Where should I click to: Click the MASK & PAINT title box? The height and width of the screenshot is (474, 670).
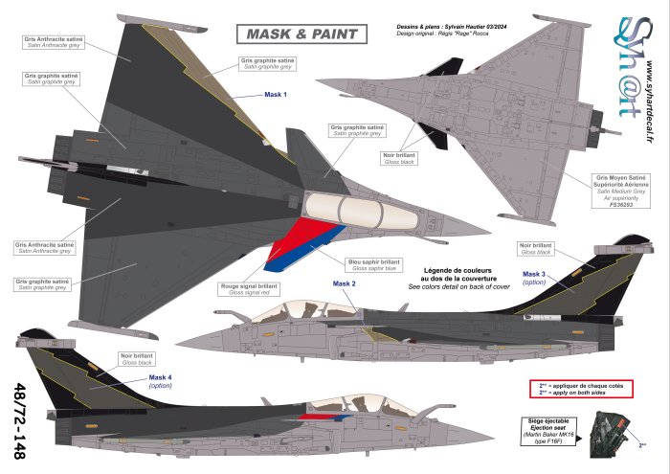click(301, 34)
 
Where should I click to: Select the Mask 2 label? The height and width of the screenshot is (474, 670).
click(345, 284)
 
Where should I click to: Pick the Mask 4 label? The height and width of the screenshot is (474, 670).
click(160, 377)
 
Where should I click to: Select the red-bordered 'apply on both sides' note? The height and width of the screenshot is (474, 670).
click(583, 390)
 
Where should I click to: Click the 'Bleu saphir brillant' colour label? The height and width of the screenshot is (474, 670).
click(372, 260)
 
